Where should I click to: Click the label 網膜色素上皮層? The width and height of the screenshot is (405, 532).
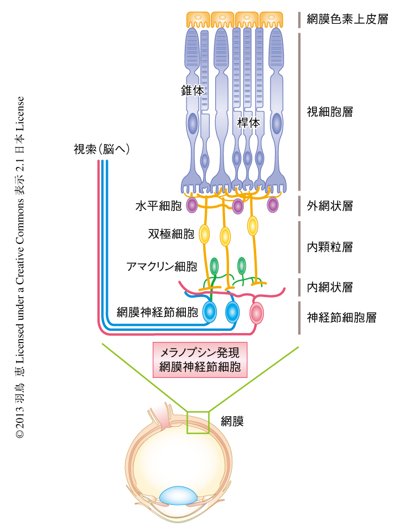pyautogui.click(x=347, y=19)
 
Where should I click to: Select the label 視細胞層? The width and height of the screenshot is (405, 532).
pyautogui.click(x=330, y=112)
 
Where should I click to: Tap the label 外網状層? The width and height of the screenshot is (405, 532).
pyautogui.click(x=330, y=206)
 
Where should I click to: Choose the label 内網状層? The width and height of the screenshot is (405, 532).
pyautogui.click(x=330, y=287)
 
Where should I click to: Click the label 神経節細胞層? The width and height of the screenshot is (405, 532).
pyautogui.click(x=341, y=318)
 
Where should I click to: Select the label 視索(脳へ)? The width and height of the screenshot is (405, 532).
pyautogui.click(x=101, y=149)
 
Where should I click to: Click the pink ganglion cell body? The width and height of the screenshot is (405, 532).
pyautogui.click(x=257, y=314)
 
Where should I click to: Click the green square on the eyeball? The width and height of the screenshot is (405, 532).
pyautogui.click(x=198, y=422)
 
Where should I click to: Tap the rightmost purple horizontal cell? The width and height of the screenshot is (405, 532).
pyautogui.click(x=272, y=205)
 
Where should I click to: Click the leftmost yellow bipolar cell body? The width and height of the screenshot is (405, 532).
pyautogui.click(x=204, y=234)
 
